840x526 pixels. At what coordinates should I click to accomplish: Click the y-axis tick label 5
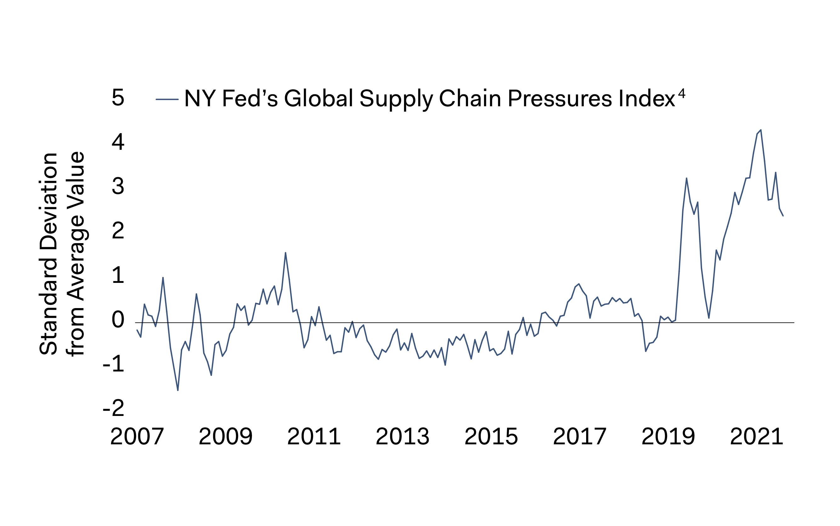[118, 97]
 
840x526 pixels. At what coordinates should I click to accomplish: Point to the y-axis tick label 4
[118, 142]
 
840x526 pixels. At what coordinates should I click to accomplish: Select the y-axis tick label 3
[118, 186]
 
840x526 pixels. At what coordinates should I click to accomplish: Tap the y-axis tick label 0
[118, 320]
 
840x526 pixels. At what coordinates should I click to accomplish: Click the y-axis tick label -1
[114, 364]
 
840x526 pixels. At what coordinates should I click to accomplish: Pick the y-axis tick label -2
[114, 408]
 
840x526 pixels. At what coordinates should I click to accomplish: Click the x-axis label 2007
[137, 436]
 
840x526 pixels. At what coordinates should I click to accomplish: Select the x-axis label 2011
[314, 436]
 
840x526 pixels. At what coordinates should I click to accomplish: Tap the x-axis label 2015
[491, 436]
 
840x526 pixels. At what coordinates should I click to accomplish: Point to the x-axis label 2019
[668, 436]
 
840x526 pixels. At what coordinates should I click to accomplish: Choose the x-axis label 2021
[757, 436]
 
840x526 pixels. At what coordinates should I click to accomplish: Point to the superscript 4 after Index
[682, 93]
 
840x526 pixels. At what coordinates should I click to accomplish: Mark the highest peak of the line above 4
[761, 130]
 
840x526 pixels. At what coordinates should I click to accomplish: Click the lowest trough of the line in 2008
[178, 390]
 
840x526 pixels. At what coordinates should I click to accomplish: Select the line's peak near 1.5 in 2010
[286, 253]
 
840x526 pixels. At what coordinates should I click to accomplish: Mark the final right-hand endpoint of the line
[783, 216]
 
